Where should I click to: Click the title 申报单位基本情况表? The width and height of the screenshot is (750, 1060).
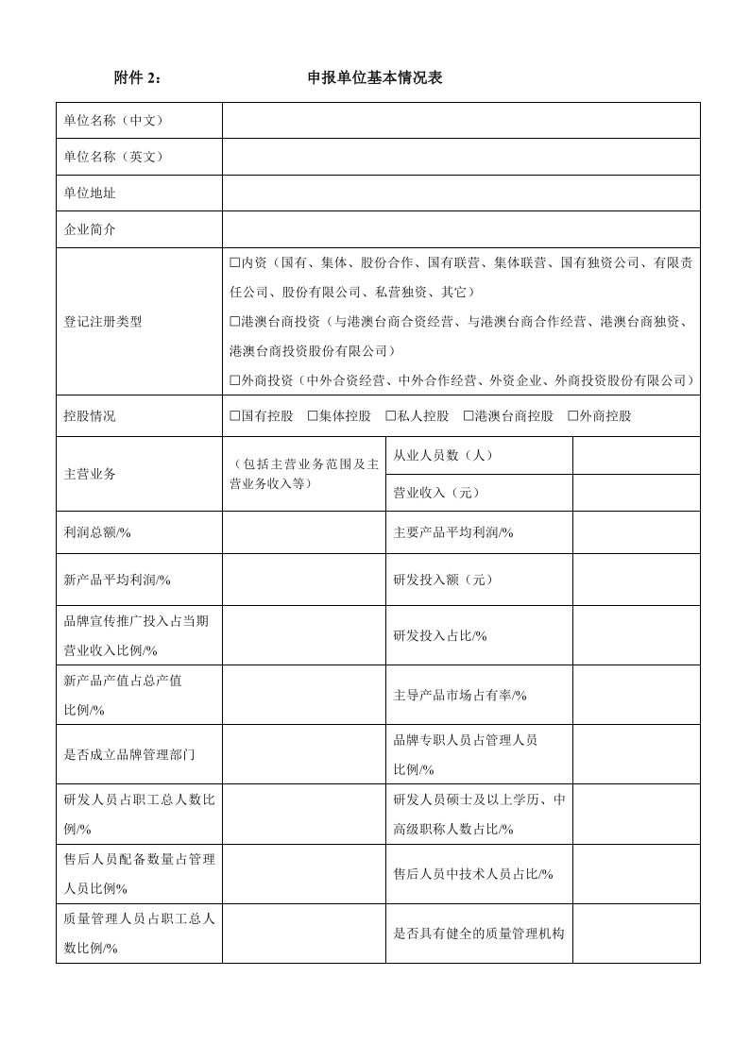[x=375, y=78]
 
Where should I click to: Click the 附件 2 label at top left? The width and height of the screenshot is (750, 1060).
[x=137, y=78]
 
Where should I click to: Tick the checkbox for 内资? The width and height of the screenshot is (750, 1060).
[x=235, y=263]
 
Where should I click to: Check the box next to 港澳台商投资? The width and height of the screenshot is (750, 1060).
[x=235, y=322]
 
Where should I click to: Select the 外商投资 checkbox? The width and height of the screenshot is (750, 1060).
[x=235, y=380]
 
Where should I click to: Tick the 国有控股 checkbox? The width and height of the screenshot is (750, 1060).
[x=235, y=416]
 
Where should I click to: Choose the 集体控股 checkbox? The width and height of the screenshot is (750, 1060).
[x=313, y=416]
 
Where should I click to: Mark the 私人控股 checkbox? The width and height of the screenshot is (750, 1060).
[x=391, y=416]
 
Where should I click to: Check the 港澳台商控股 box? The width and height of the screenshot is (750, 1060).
[x=469, y=416]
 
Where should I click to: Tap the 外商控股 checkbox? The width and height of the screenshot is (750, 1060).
[x=572, y=416]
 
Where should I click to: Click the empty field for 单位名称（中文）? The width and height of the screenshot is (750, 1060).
[x=461, y=121]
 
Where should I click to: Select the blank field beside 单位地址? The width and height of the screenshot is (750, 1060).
[x=461, y=193]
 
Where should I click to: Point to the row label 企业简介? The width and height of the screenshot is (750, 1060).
[x=90, y=229]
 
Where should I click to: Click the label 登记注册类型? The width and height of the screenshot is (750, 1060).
[x=103, y=322]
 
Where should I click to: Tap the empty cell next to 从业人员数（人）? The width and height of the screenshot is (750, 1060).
[x=636, y=455]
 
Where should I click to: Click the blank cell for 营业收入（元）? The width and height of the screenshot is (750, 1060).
[x=636, y=493]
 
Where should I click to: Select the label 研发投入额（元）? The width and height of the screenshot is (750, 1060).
[x=443, y=580]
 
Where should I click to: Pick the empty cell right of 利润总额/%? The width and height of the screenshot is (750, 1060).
[x=303, y=532]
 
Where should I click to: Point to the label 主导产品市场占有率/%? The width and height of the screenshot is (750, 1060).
[x=460, y=696]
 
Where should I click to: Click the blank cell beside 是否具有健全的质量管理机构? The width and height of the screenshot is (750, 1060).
[x=636, y=934]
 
